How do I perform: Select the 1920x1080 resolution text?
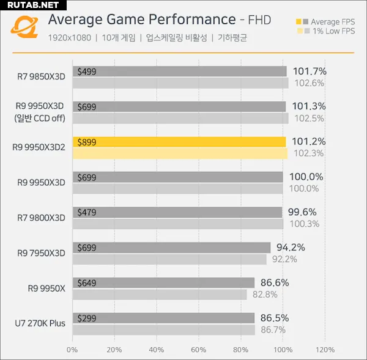pyautogui.click(x=69, y=38)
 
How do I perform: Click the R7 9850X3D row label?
pyautogui.click(x=42, y=76)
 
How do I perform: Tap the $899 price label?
pyautogui.click(x=87, y=142)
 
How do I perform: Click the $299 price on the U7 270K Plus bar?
pyautogui.click(x=87, y=318)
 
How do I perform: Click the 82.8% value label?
pyautogui.click(x=265, y=294)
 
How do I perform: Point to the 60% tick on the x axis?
pyautogui.click(x=198, y=350)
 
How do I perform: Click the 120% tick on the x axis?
pyautogui.click(x=325, y=350)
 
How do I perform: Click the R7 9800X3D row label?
pyautogui.click(x=42, y=218)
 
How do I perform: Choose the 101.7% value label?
pyautogui.click(x=310, y=72)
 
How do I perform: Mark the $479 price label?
pyautogui.click(x=87, y=213)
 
